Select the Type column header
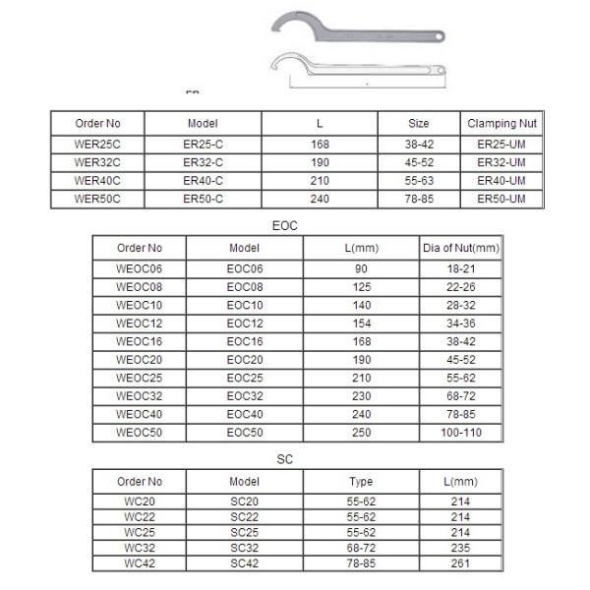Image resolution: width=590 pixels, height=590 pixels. [x=361, y=482]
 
